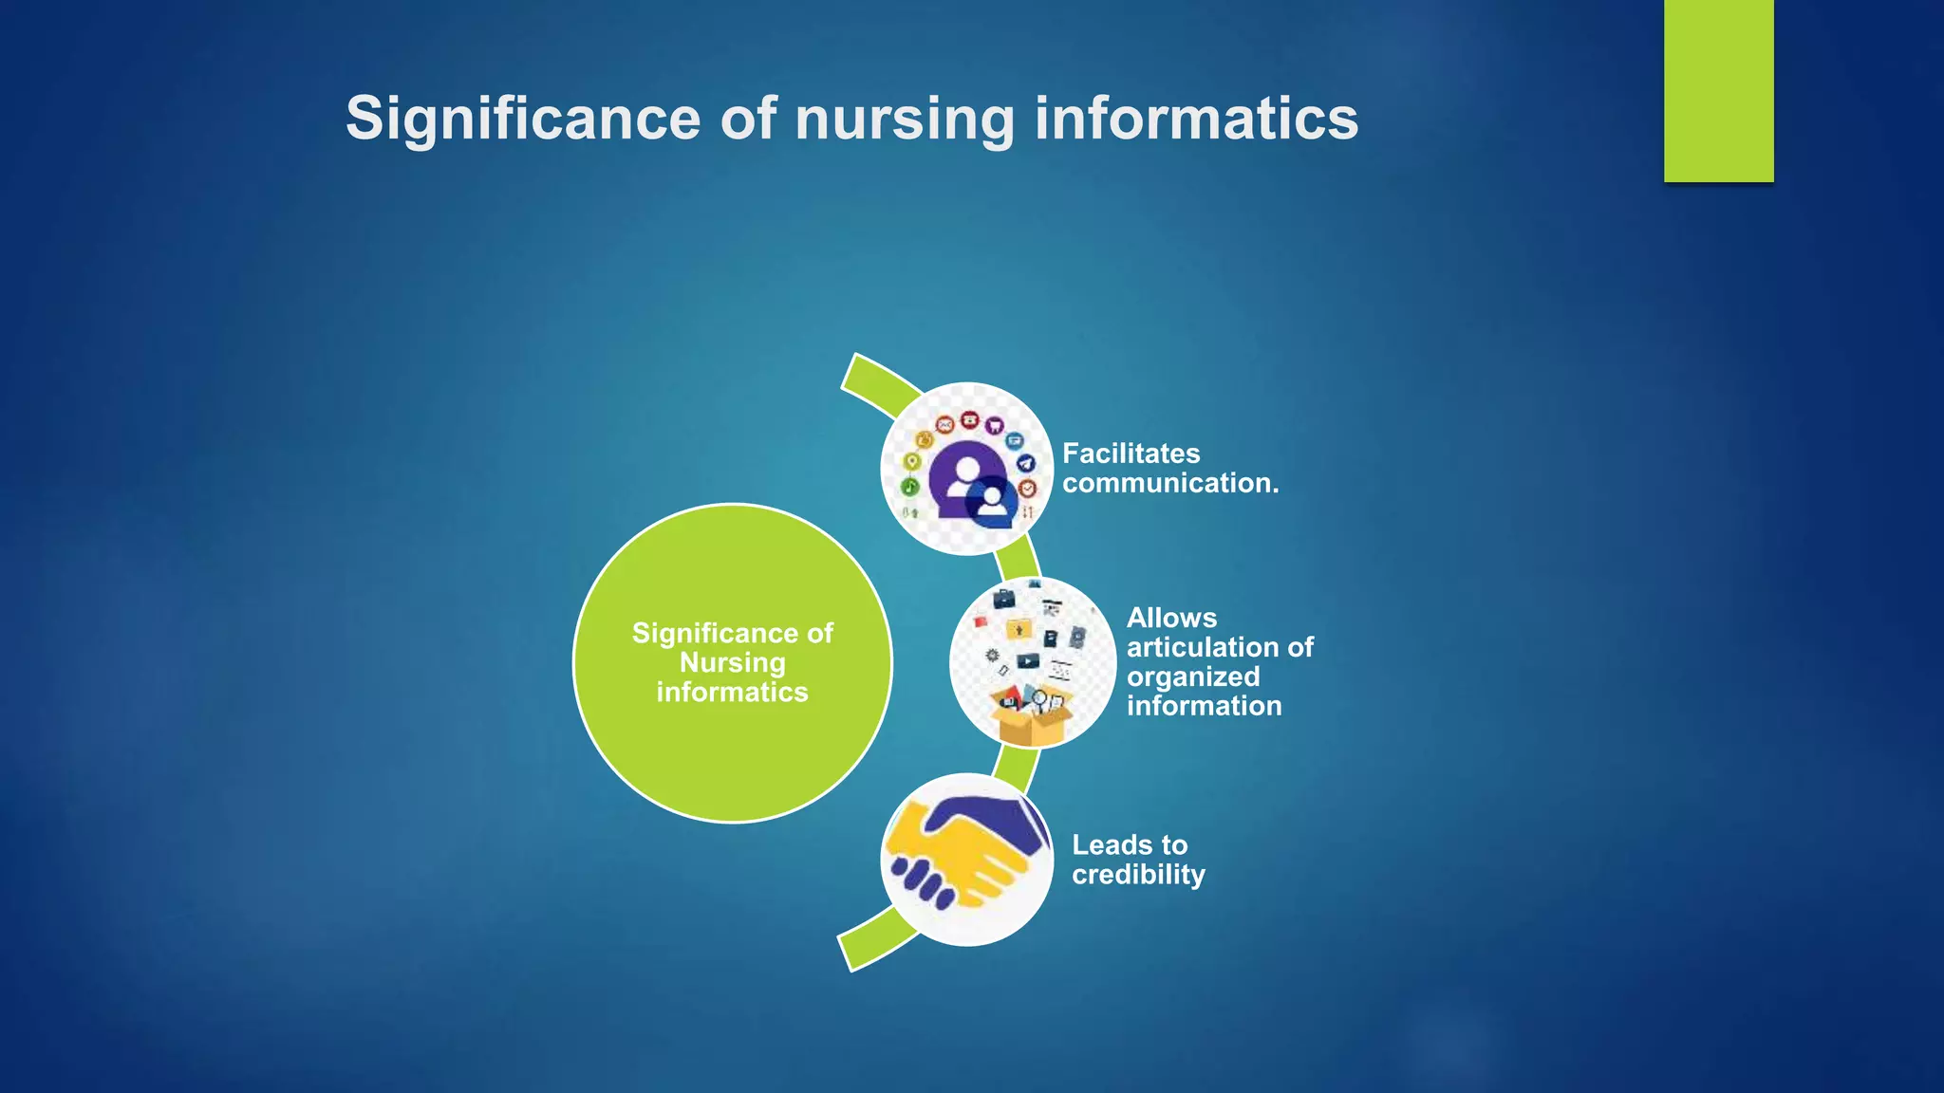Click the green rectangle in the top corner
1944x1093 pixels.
click(1718, 90)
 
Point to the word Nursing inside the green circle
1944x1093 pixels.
click(732, 662)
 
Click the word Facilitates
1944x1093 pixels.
click(1131, 454)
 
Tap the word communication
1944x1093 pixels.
click(1169, 483)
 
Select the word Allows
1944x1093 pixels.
click(1171, 618)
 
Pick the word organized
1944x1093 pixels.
click(1193, 676)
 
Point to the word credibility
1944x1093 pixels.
click(1138, 875)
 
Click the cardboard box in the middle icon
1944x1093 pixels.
click(1030, 719)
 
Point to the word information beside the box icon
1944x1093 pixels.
click(1204, 706)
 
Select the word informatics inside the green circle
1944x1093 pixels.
click(732, 692)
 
